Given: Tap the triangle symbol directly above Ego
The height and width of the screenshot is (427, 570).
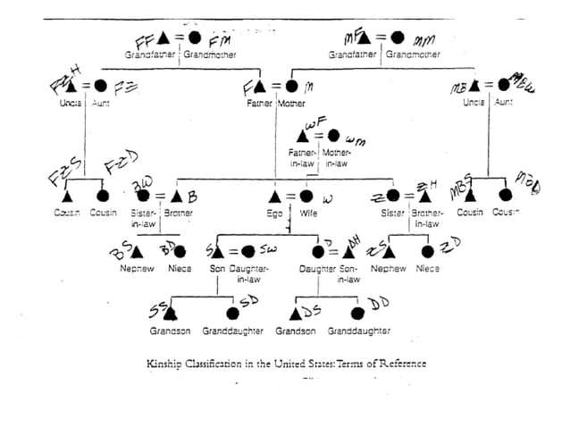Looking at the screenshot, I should [x=277, y=196].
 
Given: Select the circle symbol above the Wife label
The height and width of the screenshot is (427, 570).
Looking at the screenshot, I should [x=306, y=196].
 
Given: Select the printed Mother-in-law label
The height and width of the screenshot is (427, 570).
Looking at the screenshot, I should [x=336, y=157].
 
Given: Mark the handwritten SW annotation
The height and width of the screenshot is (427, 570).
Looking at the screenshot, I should [x=267, y=250].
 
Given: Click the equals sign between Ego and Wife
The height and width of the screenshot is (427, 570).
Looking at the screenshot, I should [x=292, y=196].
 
